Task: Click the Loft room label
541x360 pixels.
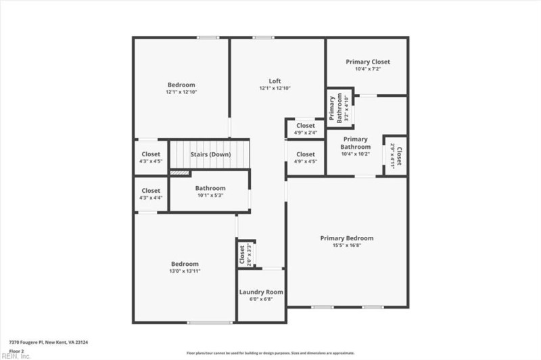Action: tap(274, 81)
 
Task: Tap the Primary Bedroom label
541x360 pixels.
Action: tap(347, 238)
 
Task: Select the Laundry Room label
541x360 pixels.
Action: tap(261, 292)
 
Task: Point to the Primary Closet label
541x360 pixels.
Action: tap(367, 62)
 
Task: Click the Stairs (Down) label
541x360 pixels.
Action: tap(210, 155)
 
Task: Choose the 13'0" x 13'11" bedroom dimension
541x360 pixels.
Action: tap(185, 271)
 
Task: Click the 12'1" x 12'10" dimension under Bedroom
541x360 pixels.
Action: tap(181, 92)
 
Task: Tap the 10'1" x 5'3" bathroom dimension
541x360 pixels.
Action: tap(210, 196)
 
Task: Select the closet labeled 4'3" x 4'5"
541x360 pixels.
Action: tap(151, 158)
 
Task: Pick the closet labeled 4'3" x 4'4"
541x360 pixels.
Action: tap(151, 194)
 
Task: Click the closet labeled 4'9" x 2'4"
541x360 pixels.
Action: tap(306, 129)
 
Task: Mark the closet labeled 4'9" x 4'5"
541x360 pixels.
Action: tap(306, 158)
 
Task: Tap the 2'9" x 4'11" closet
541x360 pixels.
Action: tap(396, 156)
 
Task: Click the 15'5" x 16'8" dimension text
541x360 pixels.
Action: tap(347, 245)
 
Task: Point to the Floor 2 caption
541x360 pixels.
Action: tap(16, 351)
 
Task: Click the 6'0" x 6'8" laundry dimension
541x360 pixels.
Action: tap(261, 299)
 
